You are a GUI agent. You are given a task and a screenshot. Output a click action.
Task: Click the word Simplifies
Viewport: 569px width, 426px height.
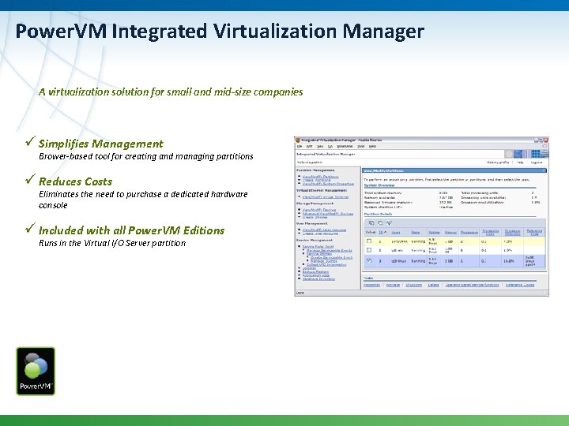[63, 144]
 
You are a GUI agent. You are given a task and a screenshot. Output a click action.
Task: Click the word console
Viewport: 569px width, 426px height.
[53, 205]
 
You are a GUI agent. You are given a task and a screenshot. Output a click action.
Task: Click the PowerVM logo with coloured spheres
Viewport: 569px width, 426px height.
[36, 370]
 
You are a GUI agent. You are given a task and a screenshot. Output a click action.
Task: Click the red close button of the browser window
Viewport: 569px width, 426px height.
[545, 140]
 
